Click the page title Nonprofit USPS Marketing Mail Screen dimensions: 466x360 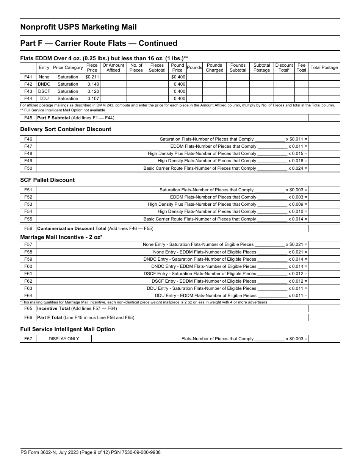pos(78,27)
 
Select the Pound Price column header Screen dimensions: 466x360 pos(177,67)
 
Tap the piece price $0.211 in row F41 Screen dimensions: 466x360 pos(92,77)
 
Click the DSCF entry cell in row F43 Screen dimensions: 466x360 pos(44,91)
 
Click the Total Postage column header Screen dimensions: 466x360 pos(324,67)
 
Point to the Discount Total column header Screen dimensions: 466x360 pos(284,67)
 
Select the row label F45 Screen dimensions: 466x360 pos(28,118)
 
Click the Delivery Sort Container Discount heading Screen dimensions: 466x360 pos(66,129)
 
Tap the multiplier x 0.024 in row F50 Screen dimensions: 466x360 pos(297,168)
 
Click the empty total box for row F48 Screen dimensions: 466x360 pos(324,153)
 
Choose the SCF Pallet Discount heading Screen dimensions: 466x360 pos(47,180)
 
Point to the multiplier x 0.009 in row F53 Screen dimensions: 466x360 pos(297,204)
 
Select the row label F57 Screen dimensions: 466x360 pos(28,244)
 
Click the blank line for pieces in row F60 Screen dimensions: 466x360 pos(272,267)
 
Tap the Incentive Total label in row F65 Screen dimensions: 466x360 pos(53,308)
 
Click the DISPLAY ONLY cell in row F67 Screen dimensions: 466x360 pos(64,339)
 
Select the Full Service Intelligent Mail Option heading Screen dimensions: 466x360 pos(67,329)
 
